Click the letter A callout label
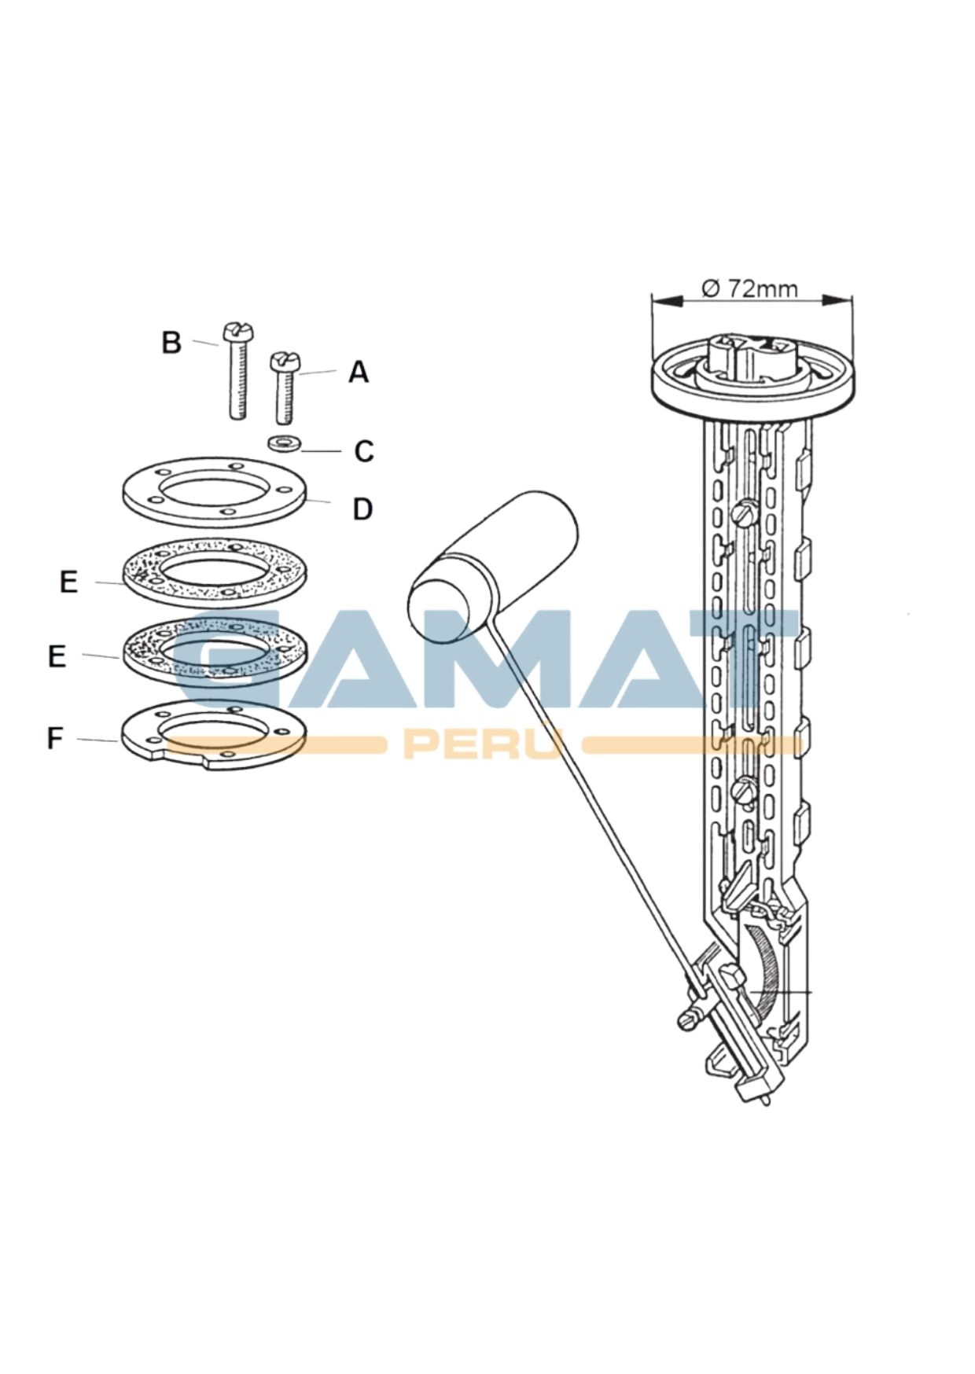[359, 372]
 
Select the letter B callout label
[171, 343]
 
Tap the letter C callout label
[363, 451]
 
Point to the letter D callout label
[362, 509]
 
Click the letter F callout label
[54, 738]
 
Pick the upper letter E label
[69, 582]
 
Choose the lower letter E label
[57, 656]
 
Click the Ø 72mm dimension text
[749, 288]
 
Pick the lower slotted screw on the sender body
[743, 788]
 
